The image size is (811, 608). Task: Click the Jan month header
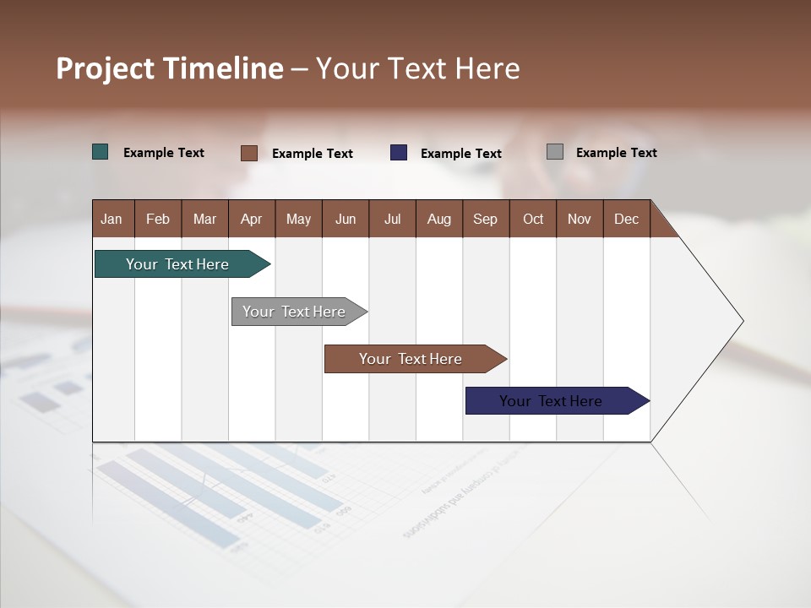pyautogui.click(x=112, y=219)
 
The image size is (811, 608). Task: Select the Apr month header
pyautogui.click(x=251, y=219)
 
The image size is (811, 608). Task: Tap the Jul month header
pyautogui.click(x=392, y=219)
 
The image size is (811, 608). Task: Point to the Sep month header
pyautogui.click(x=485, y=219)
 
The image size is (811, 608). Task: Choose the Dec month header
pyautogui.click(x=626, y=219)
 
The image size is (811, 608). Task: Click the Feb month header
pyautogui.click(x=158, y=219)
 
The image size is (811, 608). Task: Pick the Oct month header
pyautogui.click(x=533, y=219)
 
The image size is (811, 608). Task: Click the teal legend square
pyautogui.click(x=101, y=152)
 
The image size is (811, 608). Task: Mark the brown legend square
pyautogui.click(x=248, y=153)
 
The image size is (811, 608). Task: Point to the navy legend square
pyautogui.click(x=399, y=153)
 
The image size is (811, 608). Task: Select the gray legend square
pyautogui.click(x=555, y=152)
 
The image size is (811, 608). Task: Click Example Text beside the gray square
pyautogui.click(x=616, y=153)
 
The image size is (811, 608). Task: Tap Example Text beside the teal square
pyautogui.click(x=164, y=153)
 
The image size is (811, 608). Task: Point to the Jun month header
pyautogui.click(x=346, y=219)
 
